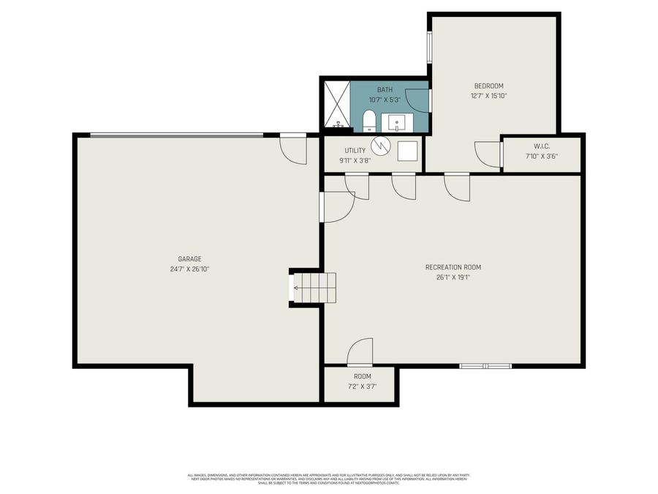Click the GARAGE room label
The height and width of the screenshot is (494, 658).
pos(189,258)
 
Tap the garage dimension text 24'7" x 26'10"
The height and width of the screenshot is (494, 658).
pos(189,269)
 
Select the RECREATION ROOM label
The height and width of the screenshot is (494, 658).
pos(453,267)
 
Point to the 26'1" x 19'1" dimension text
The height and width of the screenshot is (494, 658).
pos(453,277)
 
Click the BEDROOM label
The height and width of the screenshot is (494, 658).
pos(488,86)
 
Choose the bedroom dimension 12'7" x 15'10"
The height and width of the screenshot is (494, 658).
pos(488,96)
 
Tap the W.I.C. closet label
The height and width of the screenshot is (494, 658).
pos(542,146)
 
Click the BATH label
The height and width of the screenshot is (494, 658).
pos(385,89)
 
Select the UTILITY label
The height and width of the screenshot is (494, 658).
pos(355,151)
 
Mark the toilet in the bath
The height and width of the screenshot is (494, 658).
pos(369,121)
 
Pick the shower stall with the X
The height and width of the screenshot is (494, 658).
pos(336,104)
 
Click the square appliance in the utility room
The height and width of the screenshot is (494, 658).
pos(407,151)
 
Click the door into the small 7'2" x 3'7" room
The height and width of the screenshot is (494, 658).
pos(360,352)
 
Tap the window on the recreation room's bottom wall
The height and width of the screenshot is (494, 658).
pos(485,365)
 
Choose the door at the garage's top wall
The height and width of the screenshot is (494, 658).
pos(293,149)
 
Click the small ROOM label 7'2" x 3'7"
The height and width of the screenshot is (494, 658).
pos(363,376)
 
